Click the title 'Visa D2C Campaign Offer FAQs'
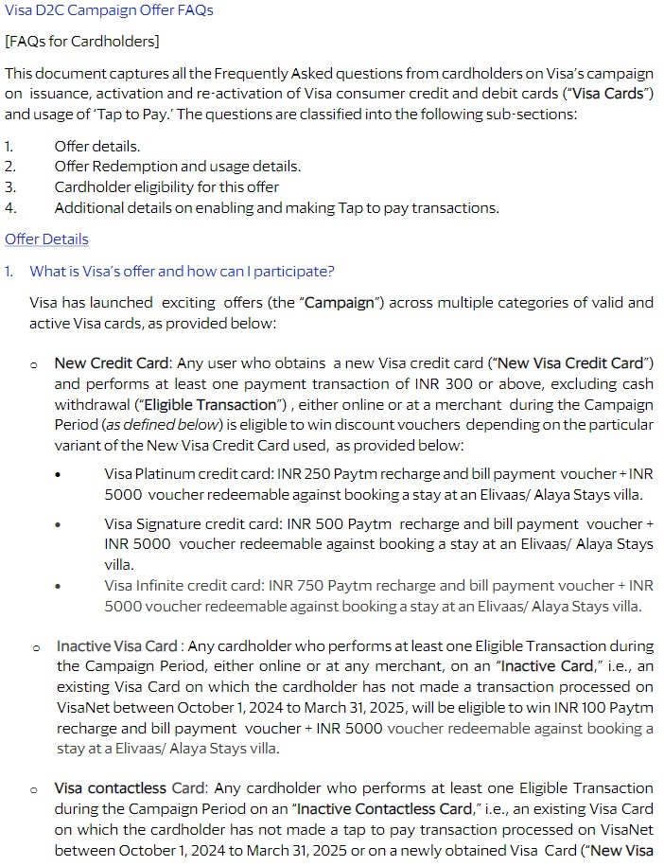(x=109, y=10)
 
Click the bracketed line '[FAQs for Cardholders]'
(x=82, y=42)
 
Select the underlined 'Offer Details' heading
(x=46, y=239)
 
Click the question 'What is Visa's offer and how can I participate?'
(x=182, y=272)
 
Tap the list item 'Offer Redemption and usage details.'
(x=178, y=167)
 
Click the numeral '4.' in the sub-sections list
(x=10, y=208)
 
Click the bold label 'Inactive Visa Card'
(x=116, y=646)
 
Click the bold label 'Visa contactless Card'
(x=117, y=788)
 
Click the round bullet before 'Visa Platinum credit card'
(x=59, y=473)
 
